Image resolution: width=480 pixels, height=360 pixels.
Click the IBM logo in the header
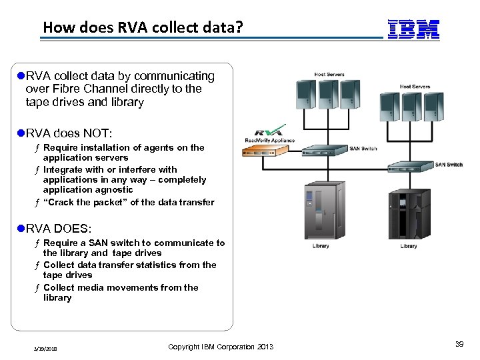[413, 29]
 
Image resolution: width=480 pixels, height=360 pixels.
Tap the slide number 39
[459, 344]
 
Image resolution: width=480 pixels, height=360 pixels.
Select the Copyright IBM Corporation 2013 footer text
[221, 347]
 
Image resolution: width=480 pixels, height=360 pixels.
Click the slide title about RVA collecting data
[143, 28]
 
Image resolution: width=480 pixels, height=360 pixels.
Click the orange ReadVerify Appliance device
[267, 150]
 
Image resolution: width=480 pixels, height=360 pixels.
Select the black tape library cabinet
[409, 215]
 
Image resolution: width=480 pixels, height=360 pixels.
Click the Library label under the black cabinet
[408, 246]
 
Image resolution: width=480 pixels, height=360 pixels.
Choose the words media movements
[114, 287]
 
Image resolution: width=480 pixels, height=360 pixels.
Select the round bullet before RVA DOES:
[21, 228]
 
